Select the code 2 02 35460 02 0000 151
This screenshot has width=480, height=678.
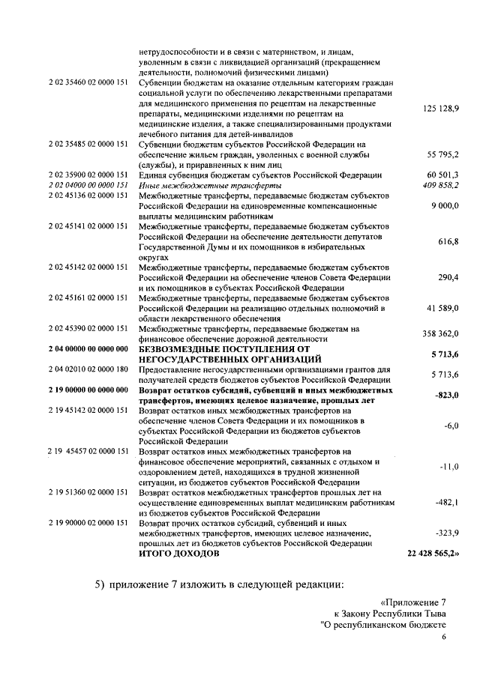pyautogui.click(x=88, y=80)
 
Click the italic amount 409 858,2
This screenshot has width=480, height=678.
pyautogui.click(x=441, y=184)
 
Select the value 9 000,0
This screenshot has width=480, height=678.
pyautogui.click(x=445, y=205)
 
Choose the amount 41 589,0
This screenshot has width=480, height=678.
pyautogui.click(x=442, y=308)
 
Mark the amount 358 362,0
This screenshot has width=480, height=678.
pyautogui.click(x=441, y=333)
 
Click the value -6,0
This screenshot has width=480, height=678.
pyautogui.click(x=451, y=426)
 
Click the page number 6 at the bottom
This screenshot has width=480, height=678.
pyautogui.click(x=443, y=637)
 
